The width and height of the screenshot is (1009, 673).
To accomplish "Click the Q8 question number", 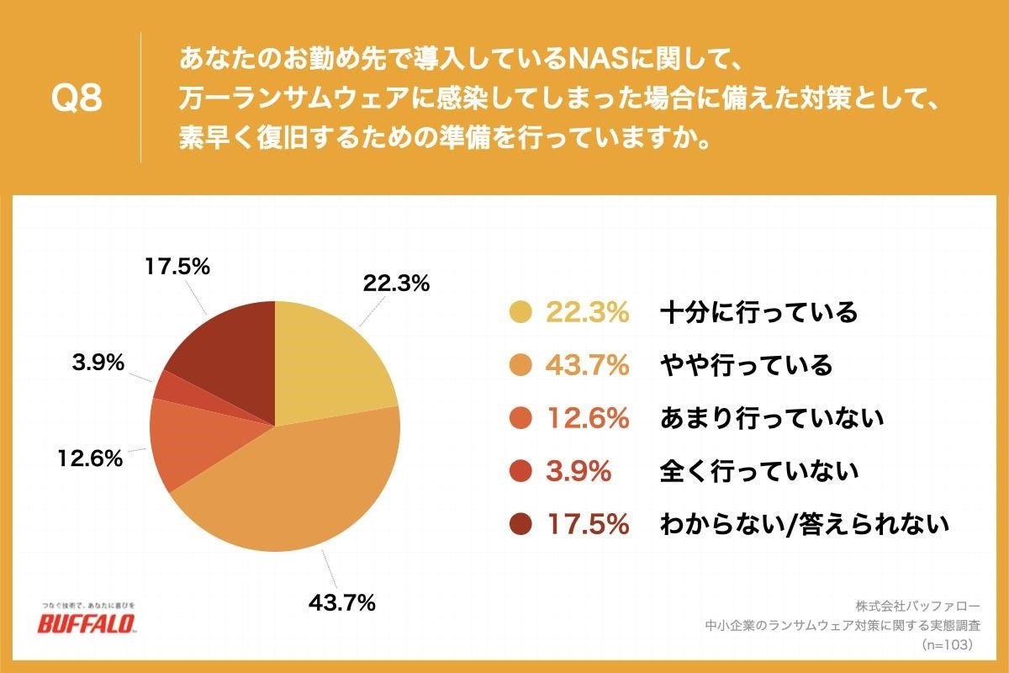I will [77, 98].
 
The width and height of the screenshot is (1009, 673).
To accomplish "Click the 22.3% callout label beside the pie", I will [396, 284].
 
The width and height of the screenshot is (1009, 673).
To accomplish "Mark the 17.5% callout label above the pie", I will [176, 268].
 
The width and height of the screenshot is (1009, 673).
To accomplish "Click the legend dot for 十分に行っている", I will [521, 313].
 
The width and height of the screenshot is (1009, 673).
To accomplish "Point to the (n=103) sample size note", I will [947, 644].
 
